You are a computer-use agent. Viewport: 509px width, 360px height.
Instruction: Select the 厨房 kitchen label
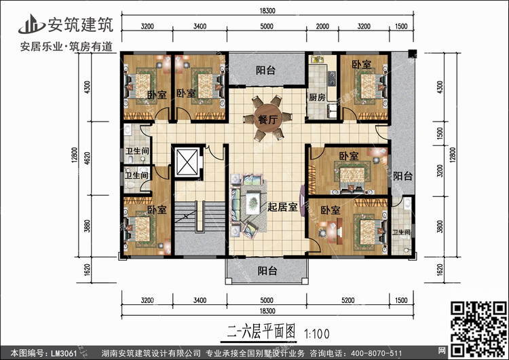(316, 97)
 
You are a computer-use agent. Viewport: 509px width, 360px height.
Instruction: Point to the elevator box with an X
(186, 162)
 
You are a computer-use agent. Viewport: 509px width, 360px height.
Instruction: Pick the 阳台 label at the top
(265, 69)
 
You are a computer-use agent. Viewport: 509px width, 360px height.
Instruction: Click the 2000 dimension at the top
(322, 27)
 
